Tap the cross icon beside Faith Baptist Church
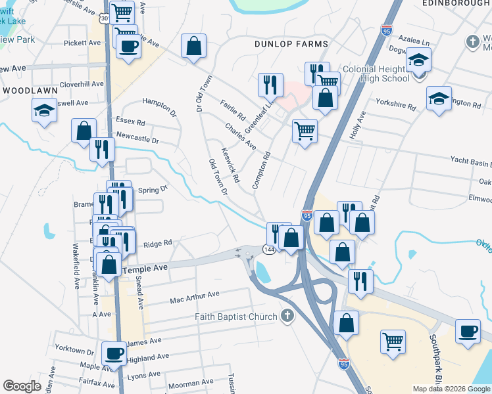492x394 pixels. click(x=286, y=317)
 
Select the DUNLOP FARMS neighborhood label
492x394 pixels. click(x=291, y=44)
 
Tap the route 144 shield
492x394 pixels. click(x=269, y=249)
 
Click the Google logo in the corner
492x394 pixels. click(x=22, y=386)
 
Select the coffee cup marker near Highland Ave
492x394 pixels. click(x=114, y=353)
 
